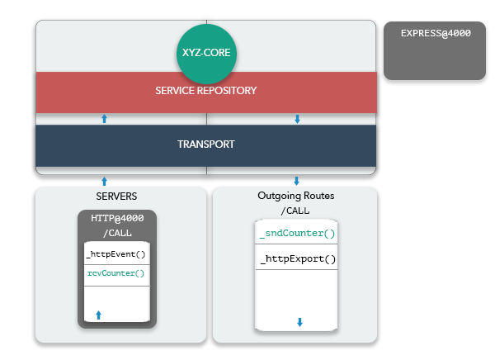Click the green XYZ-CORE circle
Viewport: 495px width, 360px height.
pos(206,54)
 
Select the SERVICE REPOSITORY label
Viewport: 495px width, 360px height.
pos(205,91)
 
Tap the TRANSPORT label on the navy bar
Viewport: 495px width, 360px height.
pos(205,144)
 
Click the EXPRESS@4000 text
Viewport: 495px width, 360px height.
pos(436,33)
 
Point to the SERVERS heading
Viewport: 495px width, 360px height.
pos(116,197)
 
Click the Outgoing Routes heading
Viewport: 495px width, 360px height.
pos(296,196)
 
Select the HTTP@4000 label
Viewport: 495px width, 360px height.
pos(117,218)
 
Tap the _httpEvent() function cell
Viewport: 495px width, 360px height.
pos(116,254)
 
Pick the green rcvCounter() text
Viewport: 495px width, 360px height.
pos(115,273)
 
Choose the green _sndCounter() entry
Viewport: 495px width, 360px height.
pos(297,234)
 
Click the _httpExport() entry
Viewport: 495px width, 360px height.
pos(298,259)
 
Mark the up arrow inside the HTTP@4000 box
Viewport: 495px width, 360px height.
pos(98,315)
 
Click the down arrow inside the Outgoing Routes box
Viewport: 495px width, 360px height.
pos(300,322)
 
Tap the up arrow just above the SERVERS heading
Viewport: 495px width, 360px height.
pos(104,182)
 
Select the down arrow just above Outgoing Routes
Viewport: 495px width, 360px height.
pos(296,181)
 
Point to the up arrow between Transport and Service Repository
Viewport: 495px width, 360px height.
pos(104,119)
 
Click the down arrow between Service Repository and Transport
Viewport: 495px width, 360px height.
pos(297,119)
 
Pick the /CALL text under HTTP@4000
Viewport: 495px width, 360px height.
pos(117,234)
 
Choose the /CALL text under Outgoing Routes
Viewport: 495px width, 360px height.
pos(295,211)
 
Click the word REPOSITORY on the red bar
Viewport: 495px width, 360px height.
pos(227,91)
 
